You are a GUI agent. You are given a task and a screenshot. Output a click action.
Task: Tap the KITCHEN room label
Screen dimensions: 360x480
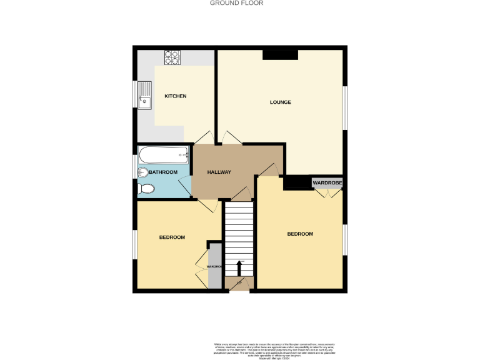[x=176, y=96]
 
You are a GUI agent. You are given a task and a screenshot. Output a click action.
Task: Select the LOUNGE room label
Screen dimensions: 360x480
[x=281, y=102]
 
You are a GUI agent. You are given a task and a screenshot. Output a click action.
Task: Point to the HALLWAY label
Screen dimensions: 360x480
[x=219, y=172]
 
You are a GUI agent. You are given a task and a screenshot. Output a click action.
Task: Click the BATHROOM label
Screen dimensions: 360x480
[x=163, y=172]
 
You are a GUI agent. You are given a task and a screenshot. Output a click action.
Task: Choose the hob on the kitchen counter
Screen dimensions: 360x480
[x=172, y=57]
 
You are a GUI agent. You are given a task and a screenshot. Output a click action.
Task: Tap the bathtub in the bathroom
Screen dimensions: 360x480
[x=163, y=152]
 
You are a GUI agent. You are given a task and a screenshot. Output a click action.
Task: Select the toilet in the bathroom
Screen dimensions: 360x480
[x=146, y=189]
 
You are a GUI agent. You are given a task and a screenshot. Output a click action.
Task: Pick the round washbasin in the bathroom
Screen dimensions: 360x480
[x=142, y=173]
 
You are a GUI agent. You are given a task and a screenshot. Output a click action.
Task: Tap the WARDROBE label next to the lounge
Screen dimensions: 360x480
[x=327, y=182]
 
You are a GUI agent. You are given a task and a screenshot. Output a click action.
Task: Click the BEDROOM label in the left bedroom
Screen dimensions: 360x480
[x=172, y=237]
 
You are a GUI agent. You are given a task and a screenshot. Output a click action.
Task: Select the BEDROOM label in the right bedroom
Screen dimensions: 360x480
[x=300, y=234]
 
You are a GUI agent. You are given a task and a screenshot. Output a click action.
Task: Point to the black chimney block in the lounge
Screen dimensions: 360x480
[x=280, y=56]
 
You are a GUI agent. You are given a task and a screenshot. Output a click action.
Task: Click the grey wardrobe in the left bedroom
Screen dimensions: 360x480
[x=215, y=266]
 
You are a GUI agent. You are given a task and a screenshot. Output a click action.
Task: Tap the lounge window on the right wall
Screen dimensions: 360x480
[x=344, y=108]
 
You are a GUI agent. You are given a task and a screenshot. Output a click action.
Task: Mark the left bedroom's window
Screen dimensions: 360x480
[x=134, y=244]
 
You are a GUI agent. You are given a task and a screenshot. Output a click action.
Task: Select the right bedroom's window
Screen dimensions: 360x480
[x=344, y=239]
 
